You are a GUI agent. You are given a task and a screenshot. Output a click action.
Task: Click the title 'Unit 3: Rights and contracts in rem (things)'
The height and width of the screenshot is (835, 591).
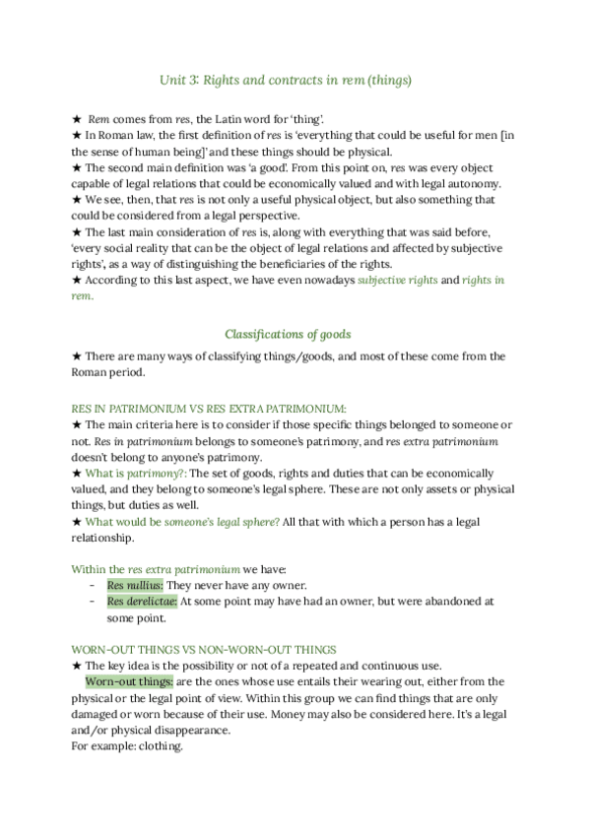click(x=285, y=78)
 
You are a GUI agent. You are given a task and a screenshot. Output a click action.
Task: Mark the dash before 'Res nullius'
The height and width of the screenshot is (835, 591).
click(x=92, y=585)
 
